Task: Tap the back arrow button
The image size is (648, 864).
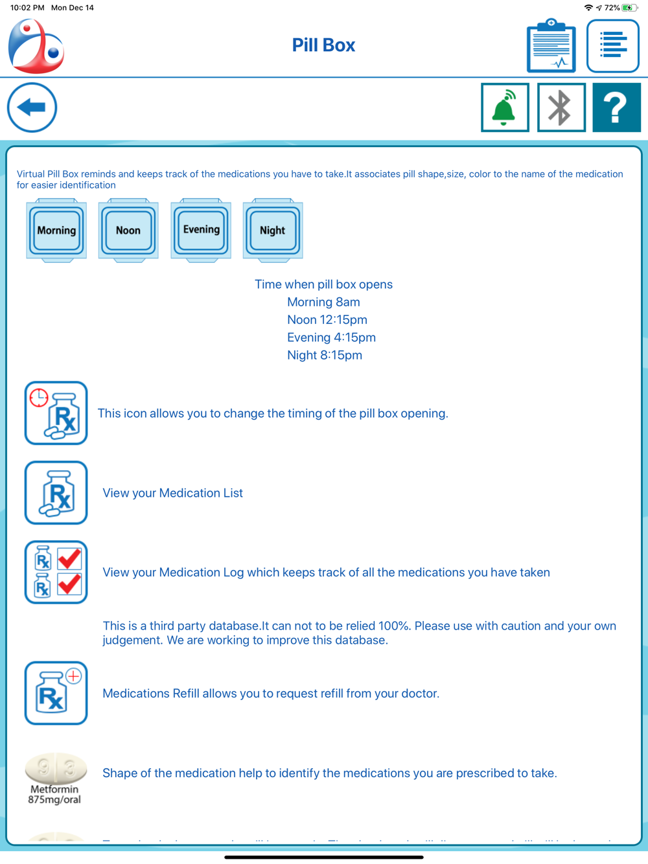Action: point(32,108)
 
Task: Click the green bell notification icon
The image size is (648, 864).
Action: point(505,108)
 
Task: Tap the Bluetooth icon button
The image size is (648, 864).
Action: point(561,108)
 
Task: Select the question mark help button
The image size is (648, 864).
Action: point(616,108)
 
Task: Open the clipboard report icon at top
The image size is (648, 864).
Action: point(551,46)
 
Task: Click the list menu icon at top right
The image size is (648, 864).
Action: point(612,46)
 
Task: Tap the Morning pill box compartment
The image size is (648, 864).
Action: point(56,230)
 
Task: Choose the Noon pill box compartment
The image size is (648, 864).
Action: point(128,230)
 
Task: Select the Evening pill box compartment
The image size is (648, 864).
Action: point(201,230)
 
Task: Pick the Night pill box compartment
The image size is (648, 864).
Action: point(273,230)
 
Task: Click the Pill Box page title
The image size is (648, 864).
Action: point(323,45)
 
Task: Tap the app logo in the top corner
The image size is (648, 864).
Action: point(36,46)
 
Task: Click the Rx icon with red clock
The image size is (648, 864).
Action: point(56,413)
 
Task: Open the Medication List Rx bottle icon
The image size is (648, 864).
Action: point(56,493)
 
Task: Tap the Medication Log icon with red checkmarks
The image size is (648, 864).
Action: point(56,573)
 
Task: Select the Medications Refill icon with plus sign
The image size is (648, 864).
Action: point(56,693)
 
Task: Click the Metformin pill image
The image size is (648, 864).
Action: point(56,769)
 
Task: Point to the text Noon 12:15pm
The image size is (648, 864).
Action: point(327,320)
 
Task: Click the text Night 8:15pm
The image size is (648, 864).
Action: point(324,355)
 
